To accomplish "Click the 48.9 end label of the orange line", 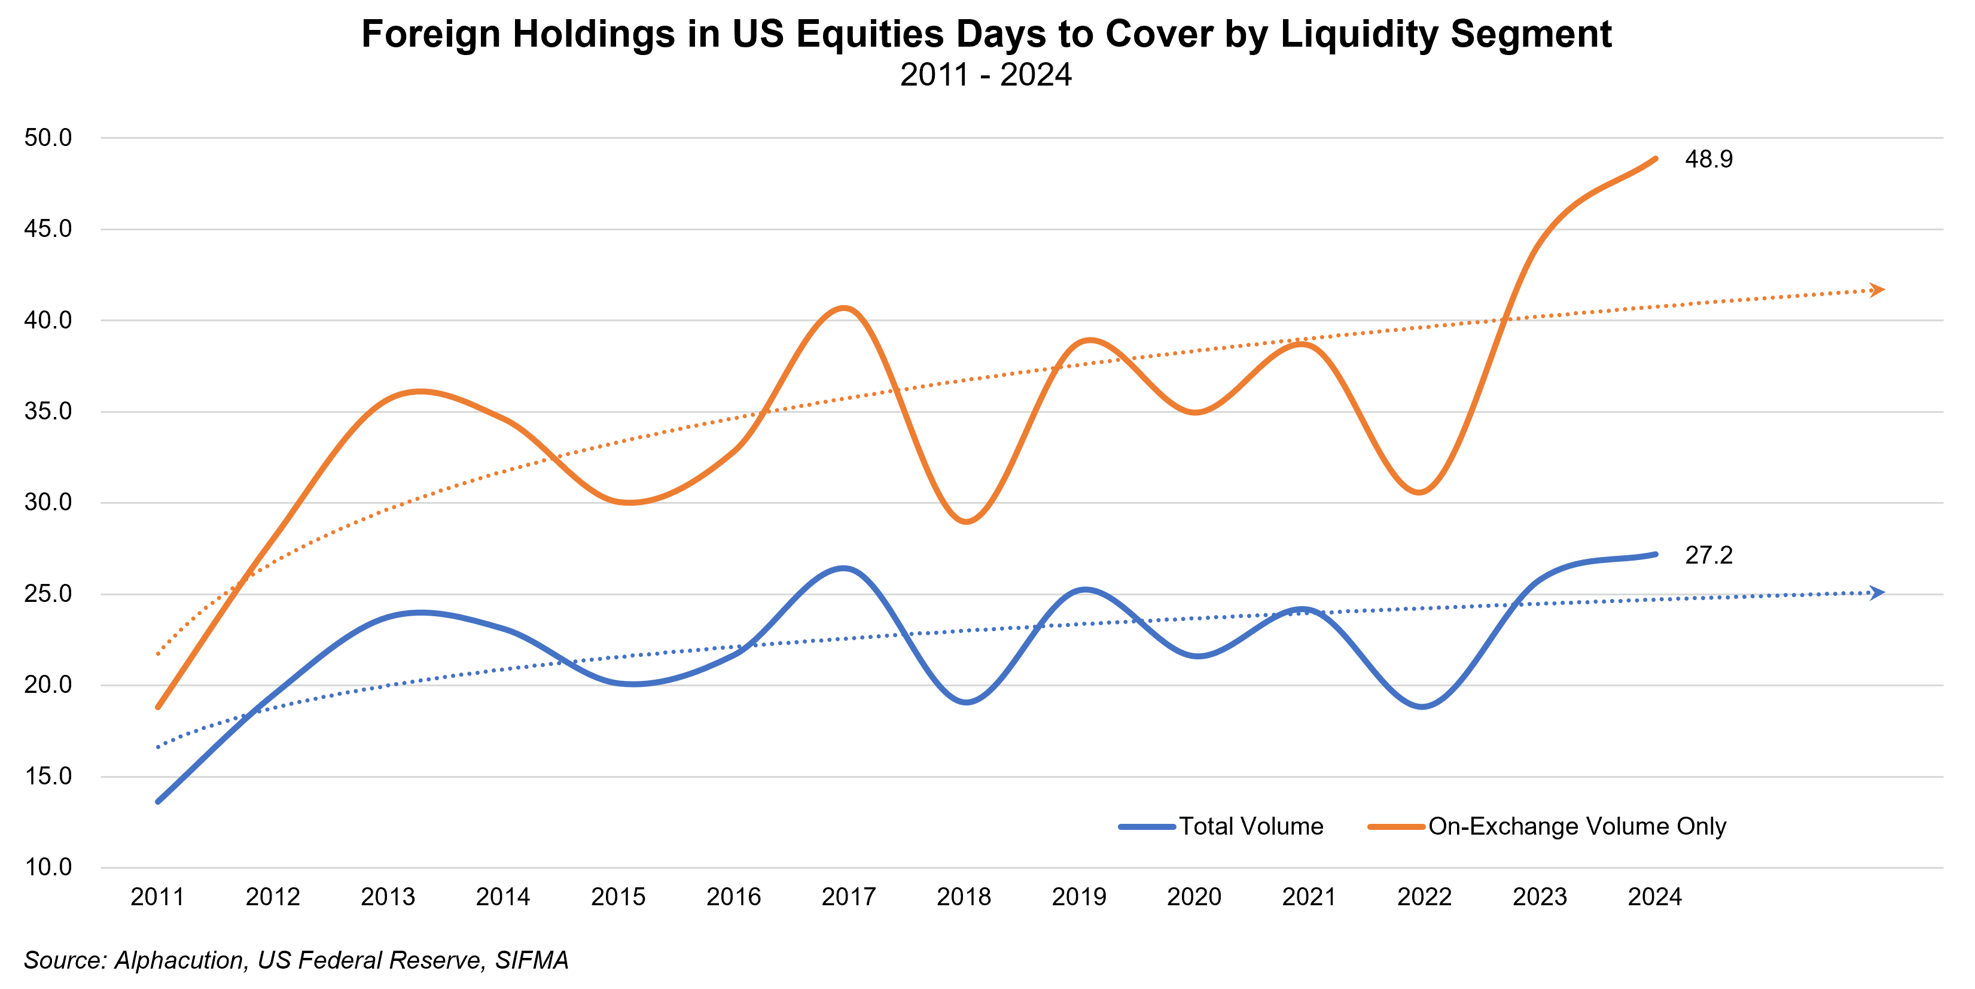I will pos(1708,160).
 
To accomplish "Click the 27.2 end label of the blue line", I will pos(1708,555).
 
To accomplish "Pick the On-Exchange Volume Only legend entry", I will pos(1576,826).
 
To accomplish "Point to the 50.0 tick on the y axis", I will pos(47,138).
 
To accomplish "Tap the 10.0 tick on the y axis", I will pos(47,867).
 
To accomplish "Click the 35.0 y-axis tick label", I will pos(47,412).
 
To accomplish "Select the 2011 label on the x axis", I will pos(157,897).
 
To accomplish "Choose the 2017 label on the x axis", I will pos(848,897).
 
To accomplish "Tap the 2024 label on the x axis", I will pos(1654,897).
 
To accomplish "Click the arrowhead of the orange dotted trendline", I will pos(1877,290).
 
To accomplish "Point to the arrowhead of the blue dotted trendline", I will pos(1877,593).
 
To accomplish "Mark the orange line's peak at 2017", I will pos(844,308).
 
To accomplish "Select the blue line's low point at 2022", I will pos(1422,706).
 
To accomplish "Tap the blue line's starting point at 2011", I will pos(158,801).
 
